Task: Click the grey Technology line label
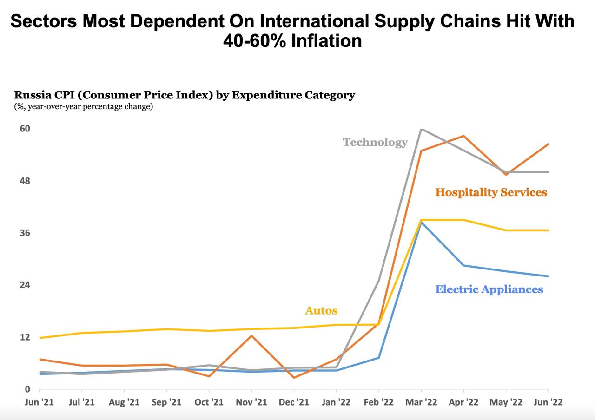[375, 142]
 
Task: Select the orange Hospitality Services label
[491, 192]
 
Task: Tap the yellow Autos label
[321, 310]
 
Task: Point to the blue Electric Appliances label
[489, 289]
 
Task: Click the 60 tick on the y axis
[24, 129]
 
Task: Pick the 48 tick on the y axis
[24, 181]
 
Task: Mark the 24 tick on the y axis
[24, 285]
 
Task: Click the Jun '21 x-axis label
[40, 402]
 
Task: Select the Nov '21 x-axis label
[251, 402]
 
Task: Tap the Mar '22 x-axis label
[421, 402]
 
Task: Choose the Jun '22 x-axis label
[549, 402]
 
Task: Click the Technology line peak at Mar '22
[421, 129]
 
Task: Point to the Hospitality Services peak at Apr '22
[463, 136]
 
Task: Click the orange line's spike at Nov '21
[251, 335]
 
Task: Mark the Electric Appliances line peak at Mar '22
[422, 222]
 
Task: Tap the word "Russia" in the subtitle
[30, 95]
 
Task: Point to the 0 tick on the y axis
[27, 389]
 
